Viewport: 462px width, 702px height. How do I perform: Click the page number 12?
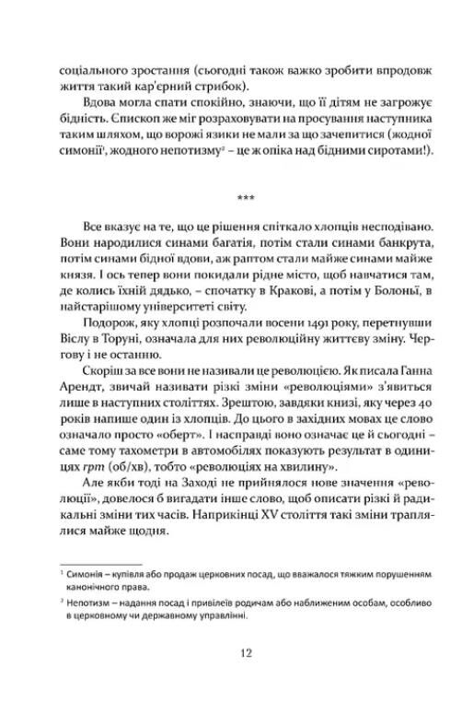pyautogui.click(x=231, y=654)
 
